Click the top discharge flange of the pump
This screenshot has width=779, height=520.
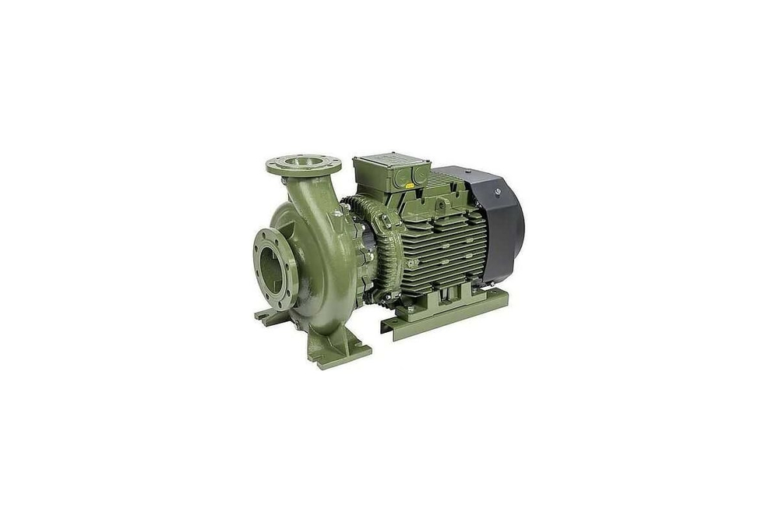click(x=303, y=164)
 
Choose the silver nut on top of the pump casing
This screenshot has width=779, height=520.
click(x=337, y=212)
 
